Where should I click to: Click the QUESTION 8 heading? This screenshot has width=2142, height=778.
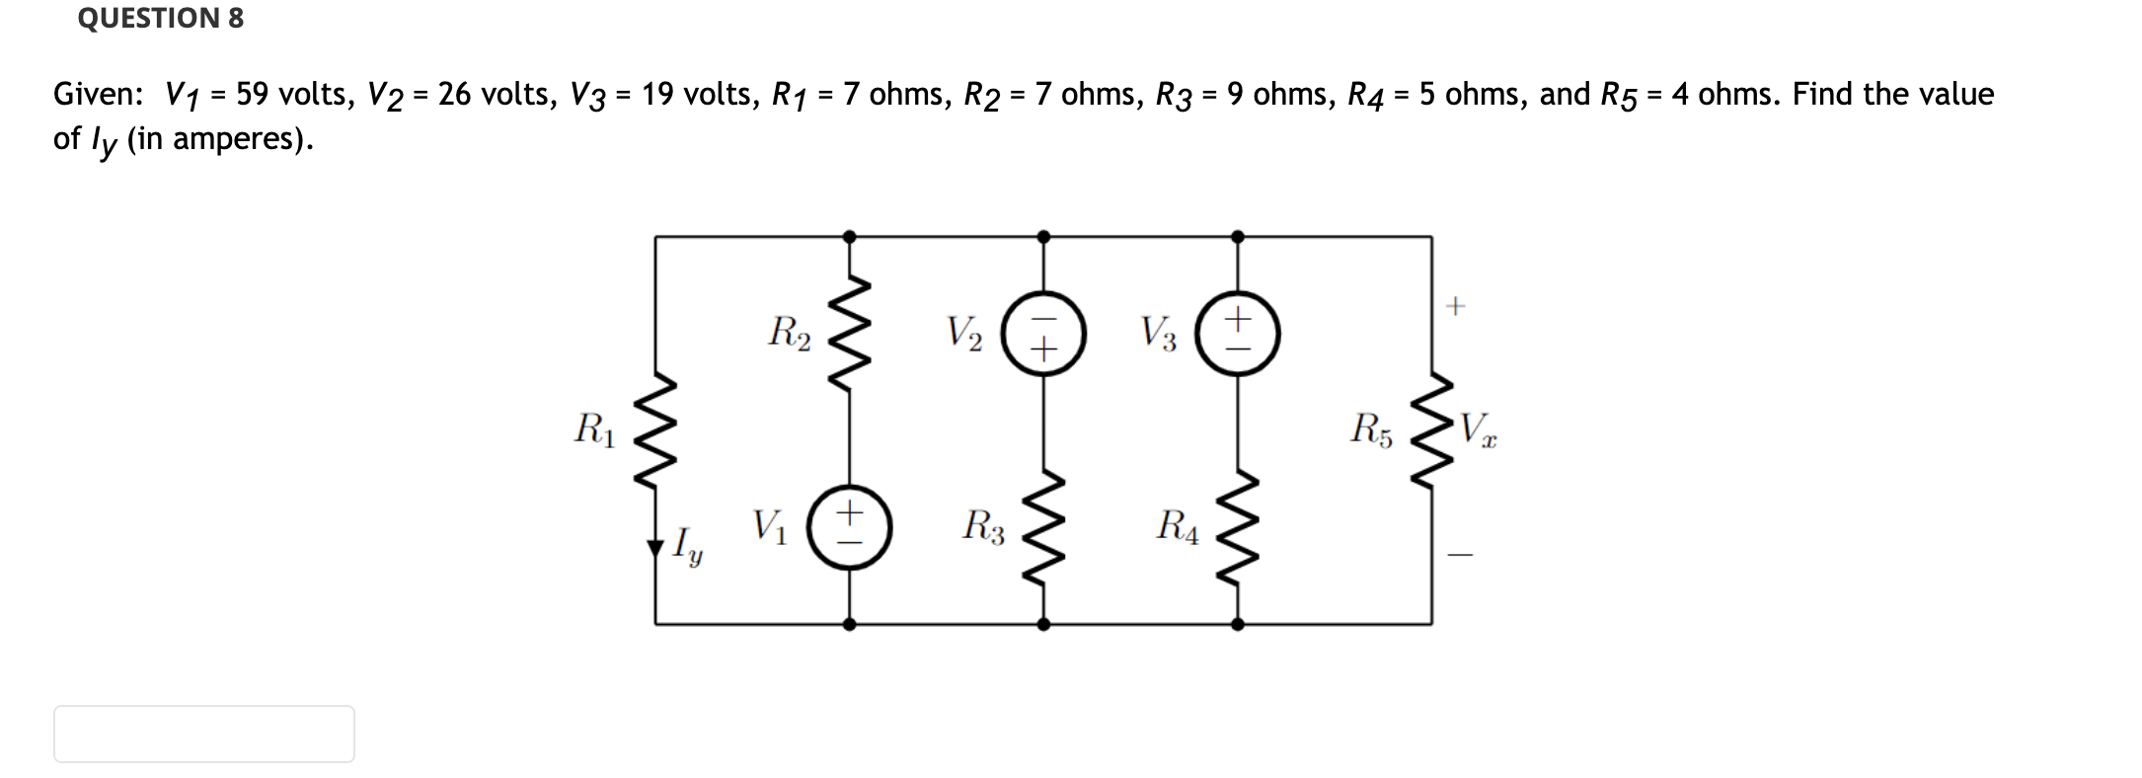(160, 18)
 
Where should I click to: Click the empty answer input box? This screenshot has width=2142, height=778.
(203, 734)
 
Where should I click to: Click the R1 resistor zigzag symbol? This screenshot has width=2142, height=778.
(655, 431)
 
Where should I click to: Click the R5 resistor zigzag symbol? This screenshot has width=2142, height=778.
(1432, 431)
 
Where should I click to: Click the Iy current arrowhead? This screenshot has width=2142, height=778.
(655, 549)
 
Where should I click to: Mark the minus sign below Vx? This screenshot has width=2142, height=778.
(1460, 556)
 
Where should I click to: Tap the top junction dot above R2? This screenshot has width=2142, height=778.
(850, 237)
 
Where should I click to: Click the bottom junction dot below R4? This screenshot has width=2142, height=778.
(1238, 624)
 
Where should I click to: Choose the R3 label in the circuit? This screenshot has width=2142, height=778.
(983, 526)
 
